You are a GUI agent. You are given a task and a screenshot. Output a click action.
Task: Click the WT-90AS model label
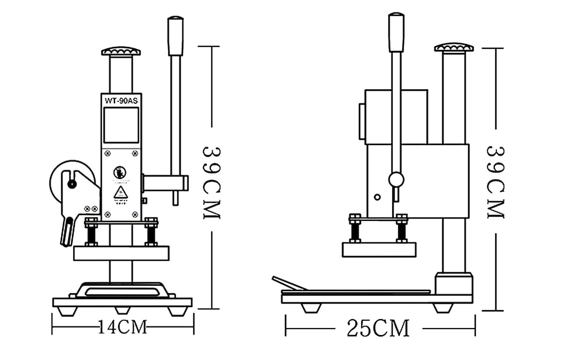coord(121,100)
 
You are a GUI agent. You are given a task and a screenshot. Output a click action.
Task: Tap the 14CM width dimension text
coord(123,327)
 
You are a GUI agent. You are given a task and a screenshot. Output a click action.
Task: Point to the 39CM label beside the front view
coord(211,182)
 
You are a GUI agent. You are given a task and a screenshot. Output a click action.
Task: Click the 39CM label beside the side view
coord(495,182)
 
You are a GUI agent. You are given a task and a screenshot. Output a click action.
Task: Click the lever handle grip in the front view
coord(175,36)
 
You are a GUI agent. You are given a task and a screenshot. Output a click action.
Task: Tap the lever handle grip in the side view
coord(396,33)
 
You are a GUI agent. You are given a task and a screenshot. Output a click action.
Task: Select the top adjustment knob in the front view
coord(121,51)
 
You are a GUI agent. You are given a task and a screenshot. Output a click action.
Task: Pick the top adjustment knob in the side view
coord(453,47)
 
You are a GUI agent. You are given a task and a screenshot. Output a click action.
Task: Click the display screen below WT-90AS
coord(121,125)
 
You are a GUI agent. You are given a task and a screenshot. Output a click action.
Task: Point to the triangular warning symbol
coord(120,192)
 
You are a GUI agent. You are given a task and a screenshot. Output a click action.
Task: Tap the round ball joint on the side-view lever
coord(397,179)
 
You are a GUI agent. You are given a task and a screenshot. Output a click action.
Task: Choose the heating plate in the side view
coord(379,249)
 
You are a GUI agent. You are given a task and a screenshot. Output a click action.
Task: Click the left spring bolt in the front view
coord(91,232)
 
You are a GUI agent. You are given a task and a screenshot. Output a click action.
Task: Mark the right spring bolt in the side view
coord(402,230)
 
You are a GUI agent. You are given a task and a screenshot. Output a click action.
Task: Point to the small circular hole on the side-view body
coord(377,197)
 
